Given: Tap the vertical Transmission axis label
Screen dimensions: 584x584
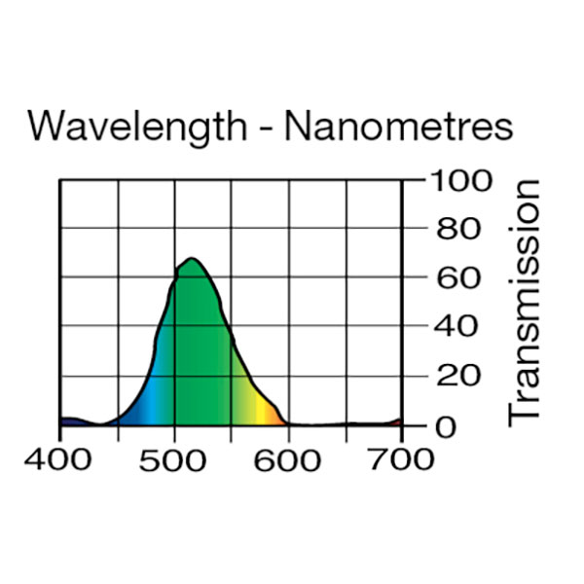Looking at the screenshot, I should click(x=525, y=302).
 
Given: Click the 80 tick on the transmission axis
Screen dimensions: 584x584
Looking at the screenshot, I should click(x=456, y=230).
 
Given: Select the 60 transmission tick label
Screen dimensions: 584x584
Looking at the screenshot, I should click(x=456, y=278).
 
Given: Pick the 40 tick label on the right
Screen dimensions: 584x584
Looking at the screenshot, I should click(x=456, y=327).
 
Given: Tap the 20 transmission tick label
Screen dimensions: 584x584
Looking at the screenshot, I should click(x=456, y=377).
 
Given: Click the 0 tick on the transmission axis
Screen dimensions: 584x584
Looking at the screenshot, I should click(x=446, y=426).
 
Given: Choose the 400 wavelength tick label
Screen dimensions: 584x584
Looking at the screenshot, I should click(x=60, y=458).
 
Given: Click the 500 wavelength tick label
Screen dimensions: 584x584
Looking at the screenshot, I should click(x=175, y=458).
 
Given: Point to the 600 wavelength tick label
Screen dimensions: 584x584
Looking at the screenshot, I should click(x=289, y=458).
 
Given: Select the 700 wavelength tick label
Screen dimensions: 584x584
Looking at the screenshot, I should click(x=401, y=458).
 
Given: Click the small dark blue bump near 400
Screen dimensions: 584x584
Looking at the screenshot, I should click(x=72, y=420).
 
